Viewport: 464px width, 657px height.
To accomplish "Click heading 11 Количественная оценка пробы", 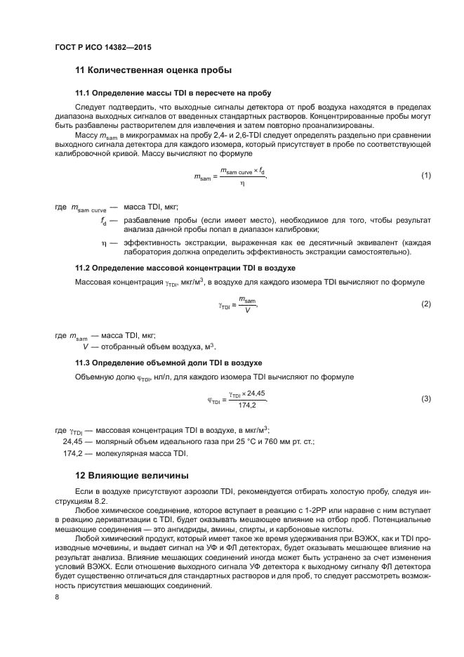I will click(x=153, y=70).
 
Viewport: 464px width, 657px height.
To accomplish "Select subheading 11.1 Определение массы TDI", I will click(x=173, y=93).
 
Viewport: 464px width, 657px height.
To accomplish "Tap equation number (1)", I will click(x=425, y=175).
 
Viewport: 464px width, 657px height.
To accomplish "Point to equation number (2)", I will click(x=425, y=304).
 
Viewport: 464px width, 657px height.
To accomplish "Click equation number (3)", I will click(x=425, y=399).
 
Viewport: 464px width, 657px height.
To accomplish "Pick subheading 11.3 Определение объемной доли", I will click(x=168, y=363).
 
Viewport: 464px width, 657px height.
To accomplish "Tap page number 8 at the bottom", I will click(x=57, y=597).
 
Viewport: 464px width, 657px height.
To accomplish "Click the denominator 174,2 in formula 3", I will click(x=246, y=405).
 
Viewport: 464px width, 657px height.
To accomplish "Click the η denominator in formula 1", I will click(x=242, y=183).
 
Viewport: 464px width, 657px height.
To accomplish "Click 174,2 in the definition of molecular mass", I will click(x=74, y=453).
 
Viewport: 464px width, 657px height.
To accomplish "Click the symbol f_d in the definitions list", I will click(x=103, y=220).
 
